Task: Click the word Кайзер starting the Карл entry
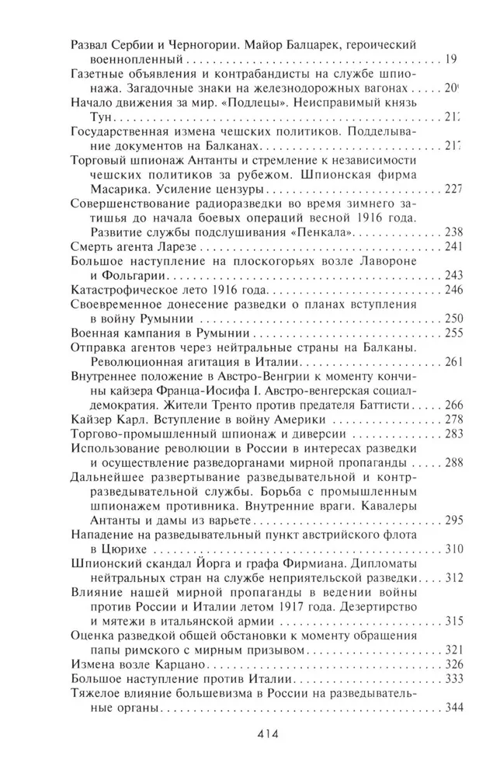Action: click(92, 420)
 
